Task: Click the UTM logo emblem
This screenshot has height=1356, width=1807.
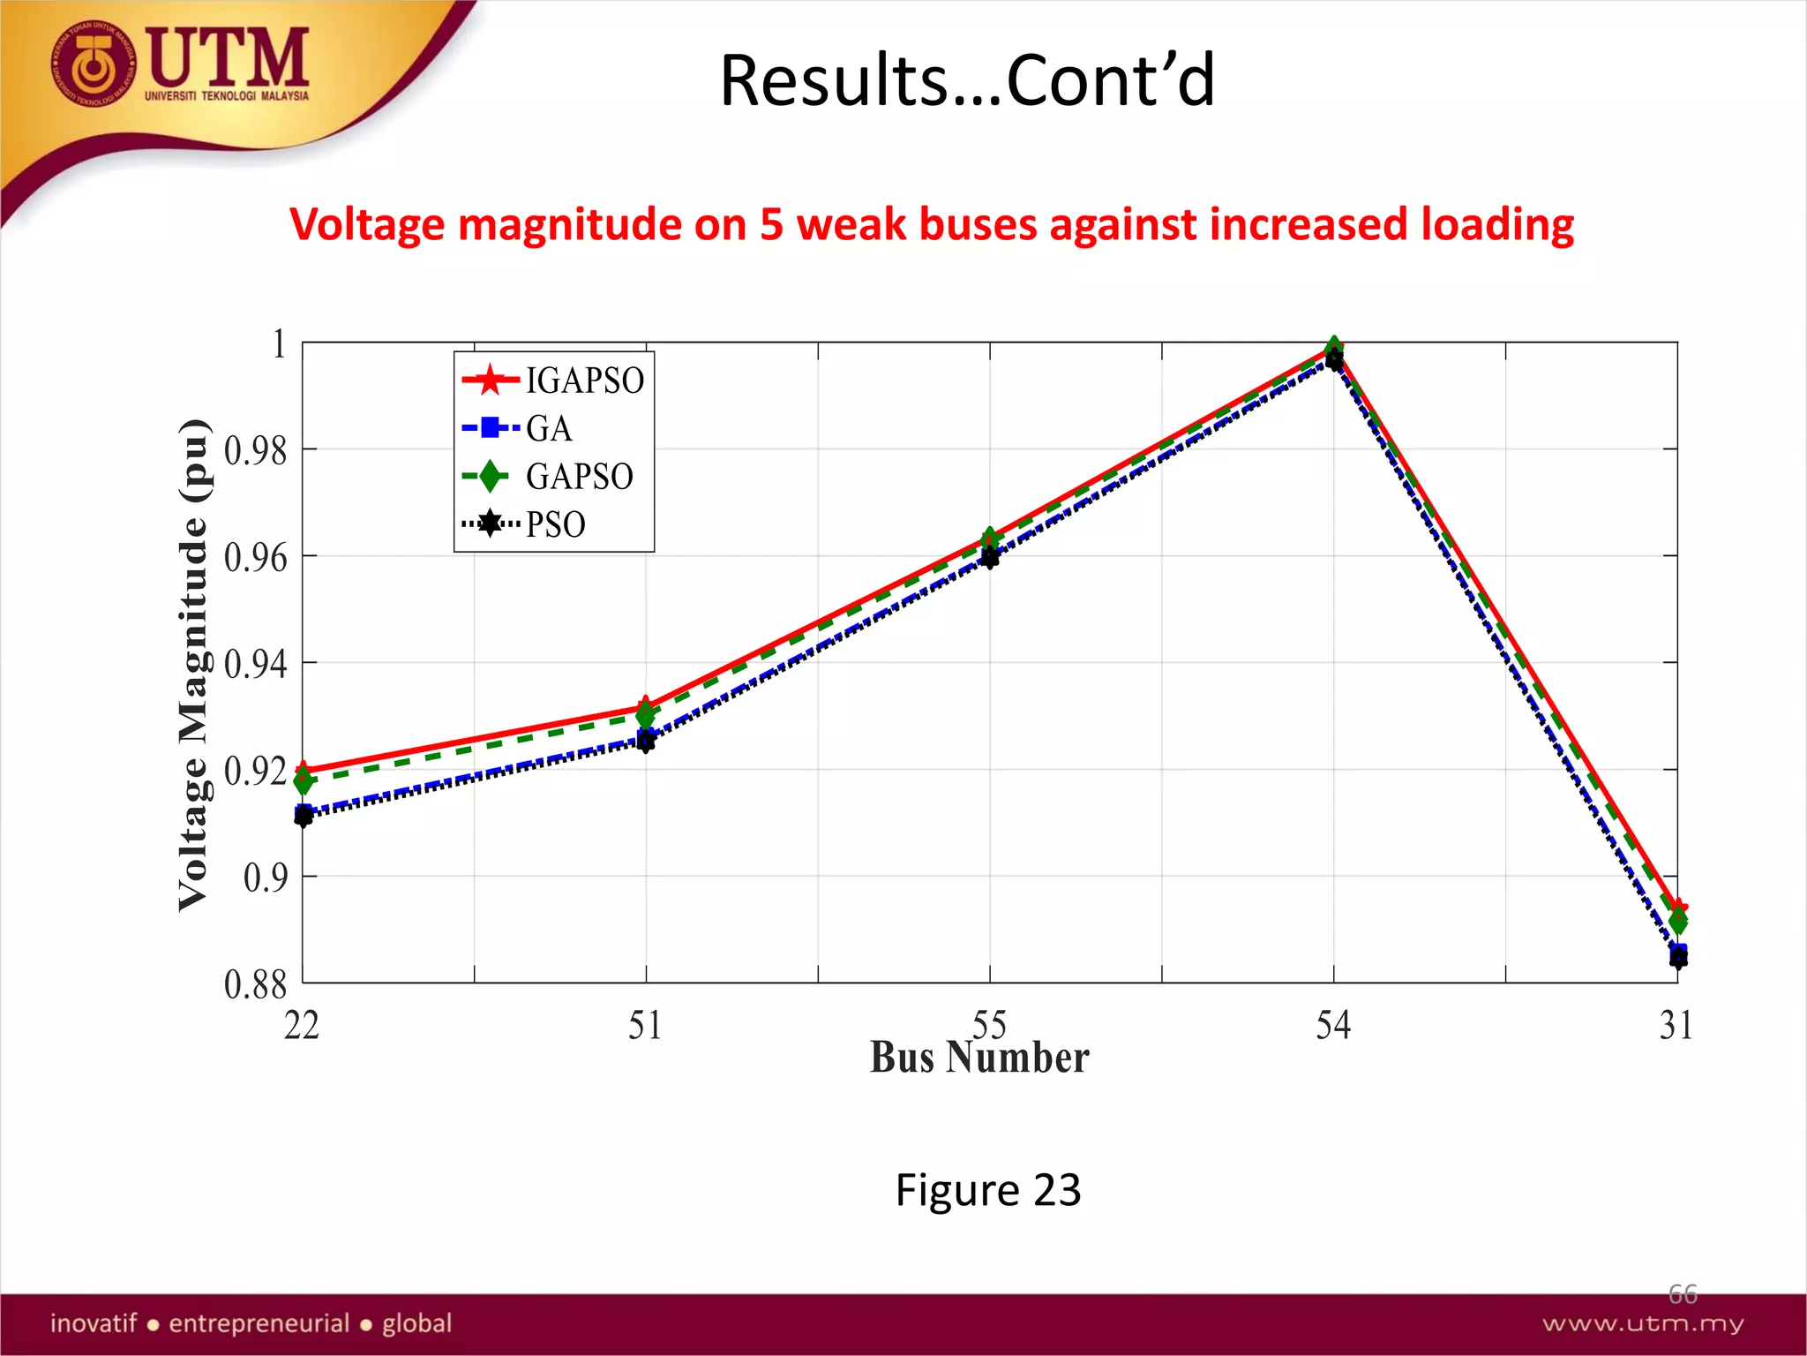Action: point(93,64)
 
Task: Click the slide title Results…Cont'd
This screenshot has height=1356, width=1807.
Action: point(967,80)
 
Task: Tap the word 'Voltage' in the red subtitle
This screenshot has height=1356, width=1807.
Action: point(371,224)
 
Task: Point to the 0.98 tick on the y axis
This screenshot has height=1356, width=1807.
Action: point(256,450)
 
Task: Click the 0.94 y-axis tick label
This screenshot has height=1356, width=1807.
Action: point(256,664)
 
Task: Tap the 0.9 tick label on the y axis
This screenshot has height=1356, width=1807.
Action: point(266,878)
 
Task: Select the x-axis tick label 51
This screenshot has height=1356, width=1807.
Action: point(645,1026)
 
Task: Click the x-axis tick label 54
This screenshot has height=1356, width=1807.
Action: point(1333,1026)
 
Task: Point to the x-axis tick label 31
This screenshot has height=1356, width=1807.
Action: point(1676,1026)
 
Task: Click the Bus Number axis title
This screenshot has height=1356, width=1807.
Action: point(979,1058)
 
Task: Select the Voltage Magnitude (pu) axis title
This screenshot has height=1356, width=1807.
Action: point(194,664)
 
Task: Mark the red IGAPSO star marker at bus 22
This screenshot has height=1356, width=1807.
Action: point(303,771)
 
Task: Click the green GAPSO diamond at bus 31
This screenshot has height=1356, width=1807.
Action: point(1677,923)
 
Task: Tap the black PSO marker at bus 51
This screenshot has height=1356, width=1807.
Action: point(646,743)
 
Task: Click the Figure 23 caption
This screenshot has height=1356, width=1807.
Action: point(987,1190)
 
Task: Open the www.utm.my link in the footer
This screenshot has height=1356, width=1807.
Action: point(1642,1323)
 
